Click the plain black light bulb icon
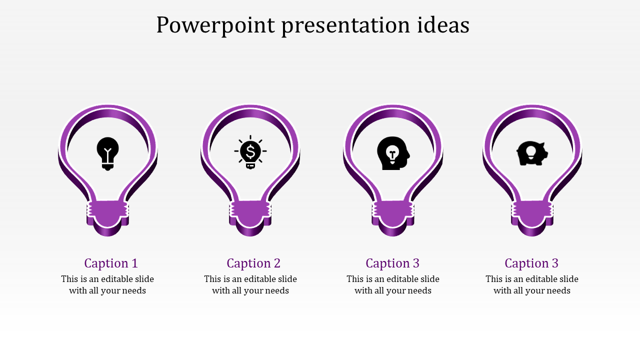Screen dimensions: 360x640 click(x=107, y=153)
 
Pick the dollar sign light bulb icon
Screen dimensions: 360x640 click(x=250, y=152)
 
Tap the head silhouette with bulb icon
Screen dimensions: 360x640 click(x=393, y=153)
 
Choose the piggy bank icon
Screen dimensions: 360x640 click(x=532, y=153)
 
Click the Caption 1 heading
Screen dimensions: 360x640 click(x=111, y=263)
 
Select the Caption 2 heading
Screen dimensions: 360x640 click(x=253, y=263)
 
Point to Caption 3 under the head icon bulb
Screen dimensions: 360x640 click(x=392, y=263)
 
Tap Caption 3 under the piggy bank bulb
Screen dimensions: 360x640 click(x=531, y=263)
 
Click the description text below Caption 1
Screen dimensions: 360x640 click(x=107, y=285)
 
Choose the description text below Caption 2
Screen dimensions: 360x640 click(x=250, y=285)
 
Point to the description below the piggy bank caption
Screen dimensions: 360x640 click(x=532, y=285)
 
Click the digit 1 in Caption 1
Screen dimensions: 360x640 click(x=134, y=263)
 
